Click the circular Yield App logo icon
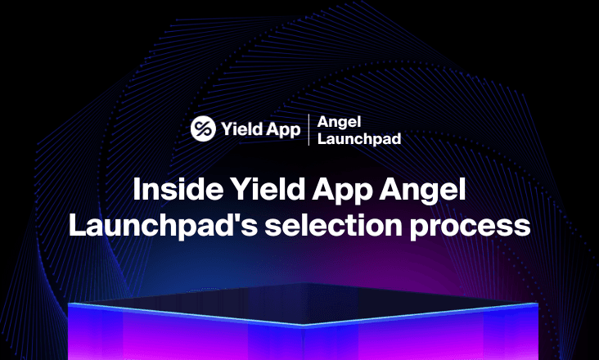pos(203,128)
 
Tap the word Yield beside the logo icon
pos(239,129)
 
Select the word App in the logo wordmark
pos(282,130)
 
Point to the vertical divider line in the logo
pos(309,129)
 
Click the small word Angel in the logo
pos(333,122)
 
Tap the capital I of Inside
pos(138,190)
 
